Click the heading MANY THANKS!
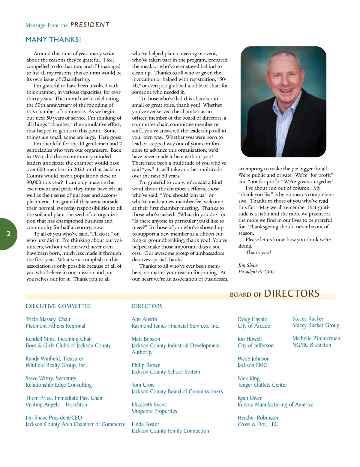point(53,40)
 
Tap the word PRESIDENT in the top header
point(90,25)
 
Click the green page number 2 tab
point(8,234)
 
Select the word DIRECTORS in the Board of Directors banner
point(292,293)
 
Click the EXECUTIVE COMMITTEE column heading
point(58,306)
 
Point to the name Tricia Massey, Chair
point(48,319)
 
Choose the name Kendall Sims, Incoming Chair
point(59,339)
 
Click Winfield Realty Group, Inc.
point(56,365)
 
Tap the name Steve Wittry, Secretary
point(51,378)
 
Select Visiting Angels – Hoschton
point(56,405)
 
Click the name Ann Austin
point(144,319)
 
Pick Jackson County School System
point(166,372)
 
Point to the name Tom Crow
point(143,385)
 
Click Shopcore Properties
point(154,411)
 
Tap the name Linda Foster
point(145,424)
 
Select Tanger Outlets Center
point(262,385)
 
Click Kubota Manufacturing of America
point(275,405)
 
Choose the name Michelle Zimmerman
point(316,338)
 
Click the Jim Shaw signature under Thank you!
point(248,265)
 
